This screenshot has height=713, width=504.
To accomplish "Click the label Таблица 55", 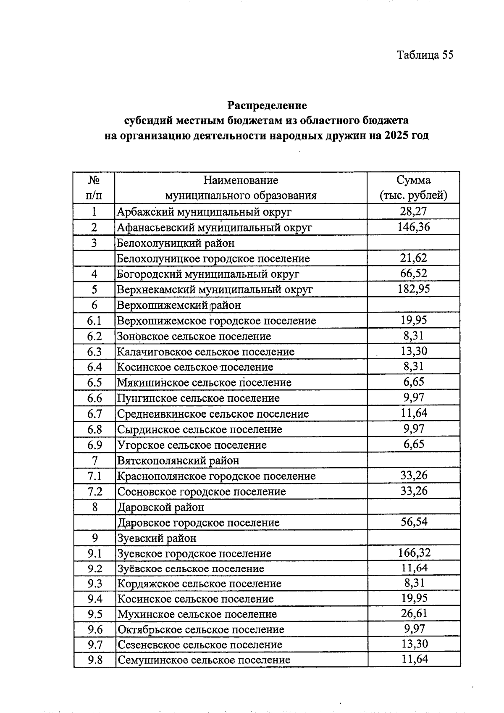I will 425,55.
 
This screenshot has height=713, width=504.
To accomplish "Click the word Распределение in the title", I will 267,105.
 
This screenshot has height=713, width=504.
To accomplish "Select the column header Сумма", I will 413,180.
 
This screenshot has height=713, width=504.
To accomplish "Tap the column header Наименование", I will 241,180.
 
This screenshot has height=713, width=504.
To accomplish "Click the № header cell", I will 94,180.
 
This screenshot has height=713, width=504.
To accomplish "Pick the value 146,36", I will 414,227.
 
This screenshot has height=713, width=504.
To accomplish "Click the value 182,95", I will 414,289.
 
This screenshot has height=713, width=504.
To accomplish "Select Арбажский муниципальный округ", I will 204,212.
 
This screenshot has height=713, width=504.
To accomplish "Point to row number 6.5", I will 94,382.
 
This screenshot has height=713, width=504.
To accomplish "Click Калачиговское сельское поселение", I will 205,352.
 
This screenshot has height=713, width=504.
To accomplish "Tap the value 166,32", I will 414,553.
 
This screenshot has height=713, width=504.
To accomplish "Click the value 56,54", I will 414,522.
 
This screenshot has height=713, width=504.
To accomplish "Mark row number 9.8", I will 95,660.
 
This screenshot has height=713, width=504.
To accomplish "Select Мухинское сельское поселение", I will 197,614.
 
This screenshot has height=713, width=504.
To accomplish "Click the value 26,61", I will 414,613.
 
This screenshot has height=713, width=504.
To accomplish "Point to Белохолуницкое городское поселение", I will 213,258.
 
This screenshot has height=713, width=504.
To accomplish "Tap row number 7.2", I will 94,492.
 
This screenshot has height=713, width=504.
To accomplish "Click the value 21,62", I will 414,258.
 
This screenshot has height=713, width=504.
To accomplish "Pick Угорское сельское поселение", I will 192,445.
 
